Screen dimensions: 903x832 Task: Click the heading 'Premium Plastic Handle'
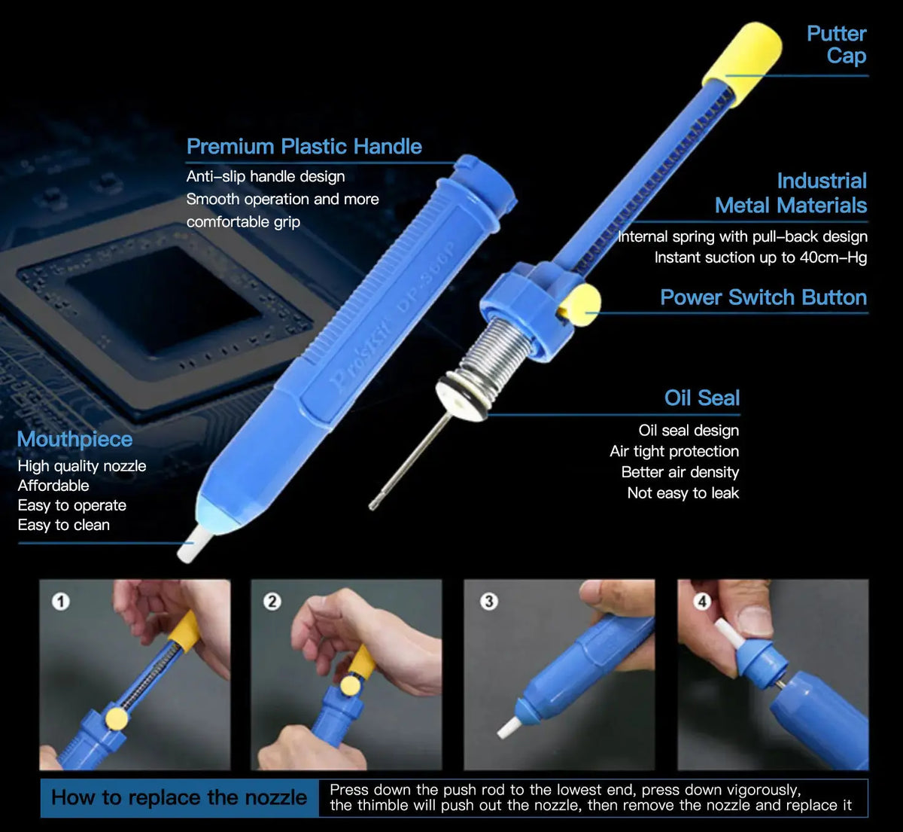[304, 146]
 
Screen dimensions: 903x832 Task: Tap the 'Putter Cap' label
[837, 44]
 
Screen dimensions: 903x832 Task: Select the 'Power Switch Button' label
[764, 297]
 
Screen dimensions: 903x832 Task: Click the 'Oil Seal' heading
[702, 398]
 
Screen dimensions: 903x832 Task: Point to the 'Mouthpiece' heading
[74, 439]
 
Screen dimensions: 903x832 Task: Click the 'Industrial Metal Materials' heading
[791, 194]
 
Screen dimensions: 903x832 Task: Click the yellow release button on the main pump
[582, 304]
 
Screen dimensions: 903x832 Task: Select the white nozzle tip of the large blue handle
[189, 544]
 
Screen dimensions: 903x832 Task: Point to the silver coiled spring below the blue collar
[494, 356]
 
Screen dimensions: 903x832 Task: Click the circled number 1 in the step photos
[61, 602]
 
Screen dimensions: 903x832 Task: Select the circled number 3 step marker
[489, 602]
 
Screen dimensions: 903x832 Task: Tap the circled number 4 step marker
[702, 602]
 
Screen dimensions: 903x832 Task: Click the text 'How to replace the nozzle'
[179, 798]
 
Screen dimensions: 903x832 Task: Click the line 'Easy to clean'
[63, 526]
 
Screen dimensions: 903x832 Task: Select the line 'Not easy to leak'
[683, 493]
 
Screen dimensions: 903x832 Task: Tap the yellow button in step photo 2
[350, 686]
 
